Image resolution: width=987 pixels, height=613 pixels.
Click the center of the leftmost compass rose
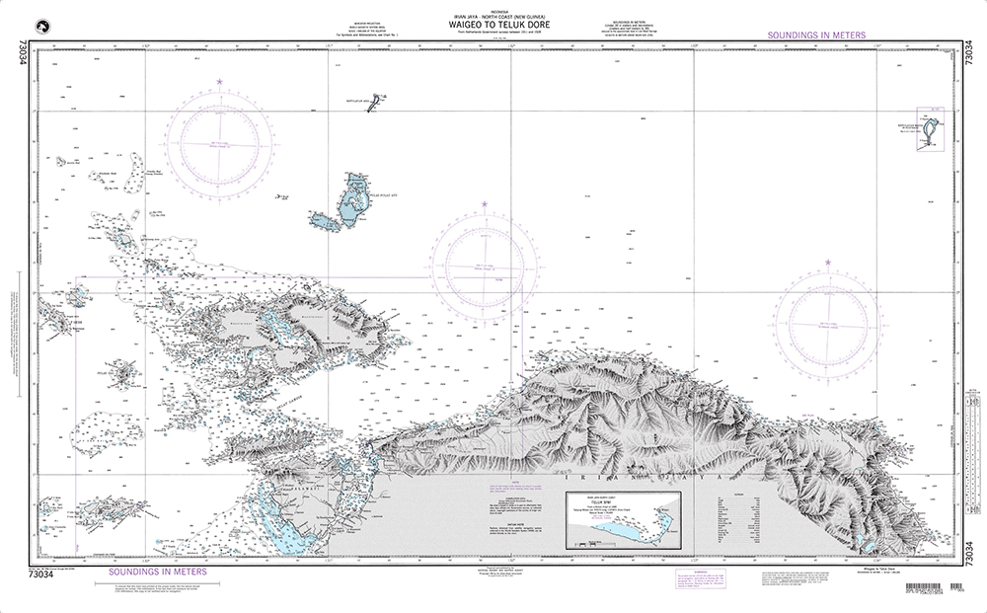[x=219, y=145]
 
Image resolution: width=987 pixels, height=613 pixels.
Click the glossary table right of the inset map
[x=735, y=517]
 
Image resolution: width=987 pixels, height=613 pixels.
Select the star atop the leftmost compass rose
[x=220, y=80]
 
